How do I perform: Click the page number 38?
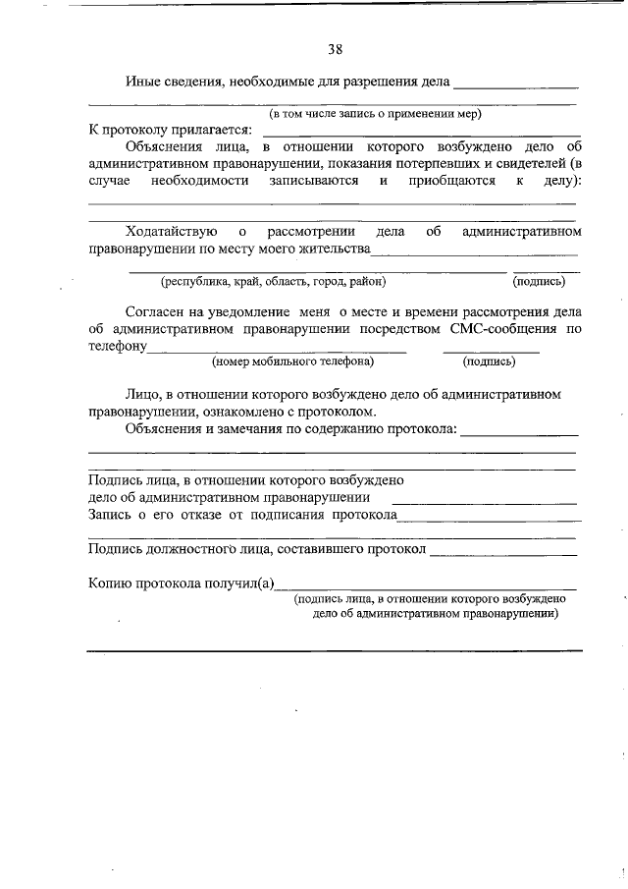pyautogui.click(x=335, y=48)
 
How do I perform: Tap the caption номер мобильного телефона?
pyautogui.click(x=292, y=361)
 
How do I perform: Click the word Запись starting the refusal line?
pyautogui.click(x=108, y=514)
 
